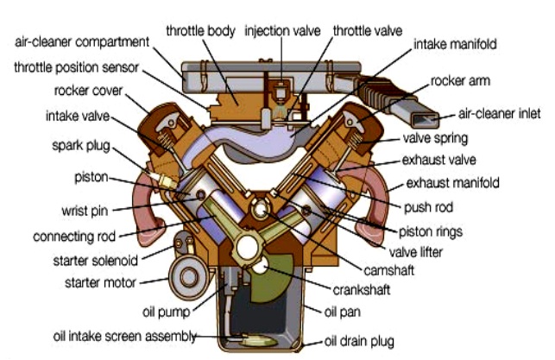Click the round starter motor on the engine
coord(185,280)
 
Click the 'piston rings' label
coord(430,231)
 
